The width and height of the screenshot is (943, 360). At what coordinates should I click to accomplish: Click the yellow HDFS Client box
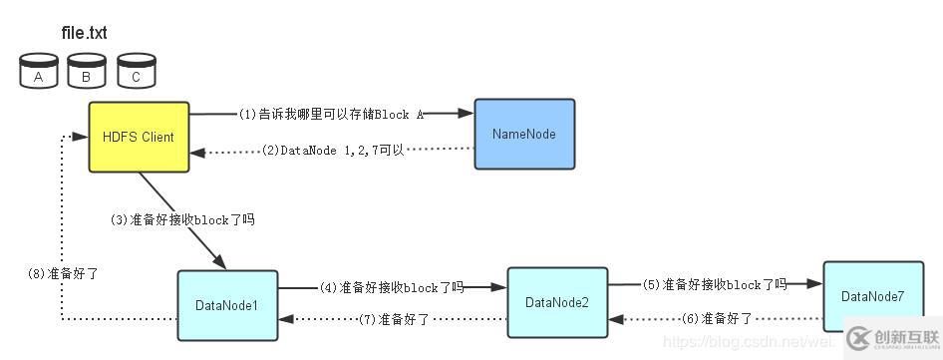(x=139, y=137)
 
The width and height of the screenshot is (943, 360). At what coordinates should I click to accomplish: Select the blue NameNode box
(x=523, y=134)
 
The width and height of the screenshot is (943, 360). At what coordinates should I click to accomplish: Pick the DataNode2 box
(x=557, y=302)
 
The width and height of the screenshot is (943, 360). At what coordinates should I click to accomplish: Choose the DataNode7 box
(x=872, y=296)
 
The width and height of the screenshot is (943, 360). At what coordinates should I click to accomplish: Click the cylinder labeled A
(x=39, y=74)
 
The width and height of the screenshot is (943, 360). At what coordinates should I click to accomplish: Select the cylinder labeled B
(x=87, y=74)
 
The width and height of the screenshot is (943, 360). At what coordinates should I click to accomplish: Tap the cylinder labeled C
(x=136, y=74)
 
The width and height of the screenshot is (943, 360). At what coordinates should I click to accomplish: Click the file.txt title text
(x=84, y=33)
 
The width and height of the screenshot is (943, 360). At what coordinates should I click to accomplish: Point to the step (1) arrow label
(x=331, y=115)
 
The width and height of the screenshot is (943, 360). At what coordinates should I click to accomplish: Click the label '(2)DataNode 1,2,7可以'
(x=333, y=151)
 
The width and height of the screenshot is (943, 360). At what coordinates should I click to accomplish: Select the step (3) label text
(x=182, y=219)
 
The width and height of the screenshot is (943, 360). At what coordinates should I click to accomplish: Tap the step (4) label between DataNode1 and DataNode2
(x=391, y=287)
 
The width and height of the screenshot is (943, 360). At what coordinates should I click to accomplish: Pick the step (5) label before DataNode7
(x=714, y=284)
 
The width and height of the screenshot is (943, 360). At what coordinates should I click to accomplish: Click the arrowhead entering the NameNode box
(x=466, y=114)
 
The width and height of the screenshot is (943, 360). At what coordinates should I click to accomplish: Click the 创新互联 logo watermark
(x=892, y=337)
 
